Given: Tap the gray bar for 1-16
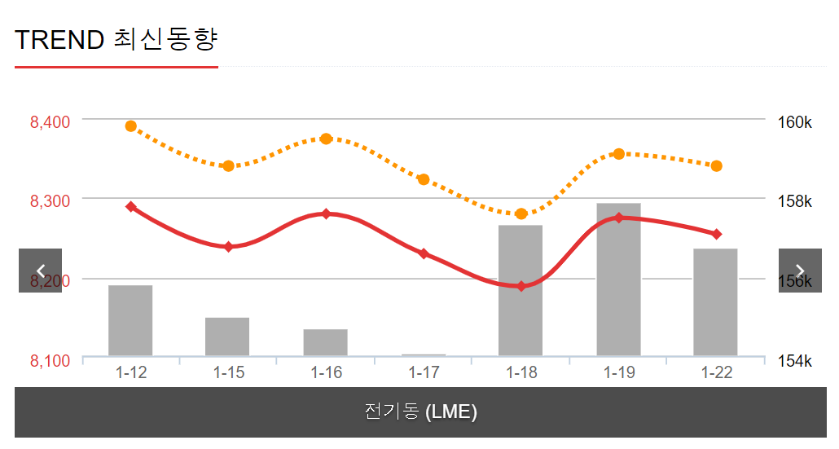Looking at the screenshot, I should (x=326, y=342).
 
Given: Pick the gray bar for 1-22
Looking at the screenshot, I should (x=715, y=302).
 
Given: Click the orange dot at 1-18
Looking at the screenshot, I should (x=521, y=213).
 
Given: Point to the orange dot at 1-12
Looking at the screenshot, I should (x=131, y=126).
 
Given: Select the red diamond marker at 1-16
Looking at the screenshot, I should (x=326, y=213).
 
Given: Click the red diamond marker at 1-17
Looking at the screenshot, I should (x=424, y=254).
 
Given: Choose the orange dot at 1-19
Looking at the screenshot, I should (x=619, y=154).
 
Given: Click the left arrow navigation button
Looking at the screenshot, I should (x=40, y=271).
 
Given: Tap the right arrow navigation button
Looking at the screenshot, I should (x=800, y=271).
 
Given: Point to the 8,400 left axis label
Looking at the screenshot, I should (x=50, y=122).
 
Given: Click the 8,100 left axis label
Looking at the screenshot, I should (x=50, y=360).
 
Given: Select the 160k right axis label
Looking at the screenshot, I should (x=795, y=122).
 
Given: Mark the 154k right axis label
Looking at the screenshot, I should (x=795, y=360).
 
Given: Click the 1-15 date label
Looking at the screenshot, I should (x=229, y=373).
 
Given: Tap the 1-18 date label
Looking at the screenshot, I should (x=521, y=373).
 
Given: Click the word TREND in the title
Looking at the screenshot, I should (x=59, y=39).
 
